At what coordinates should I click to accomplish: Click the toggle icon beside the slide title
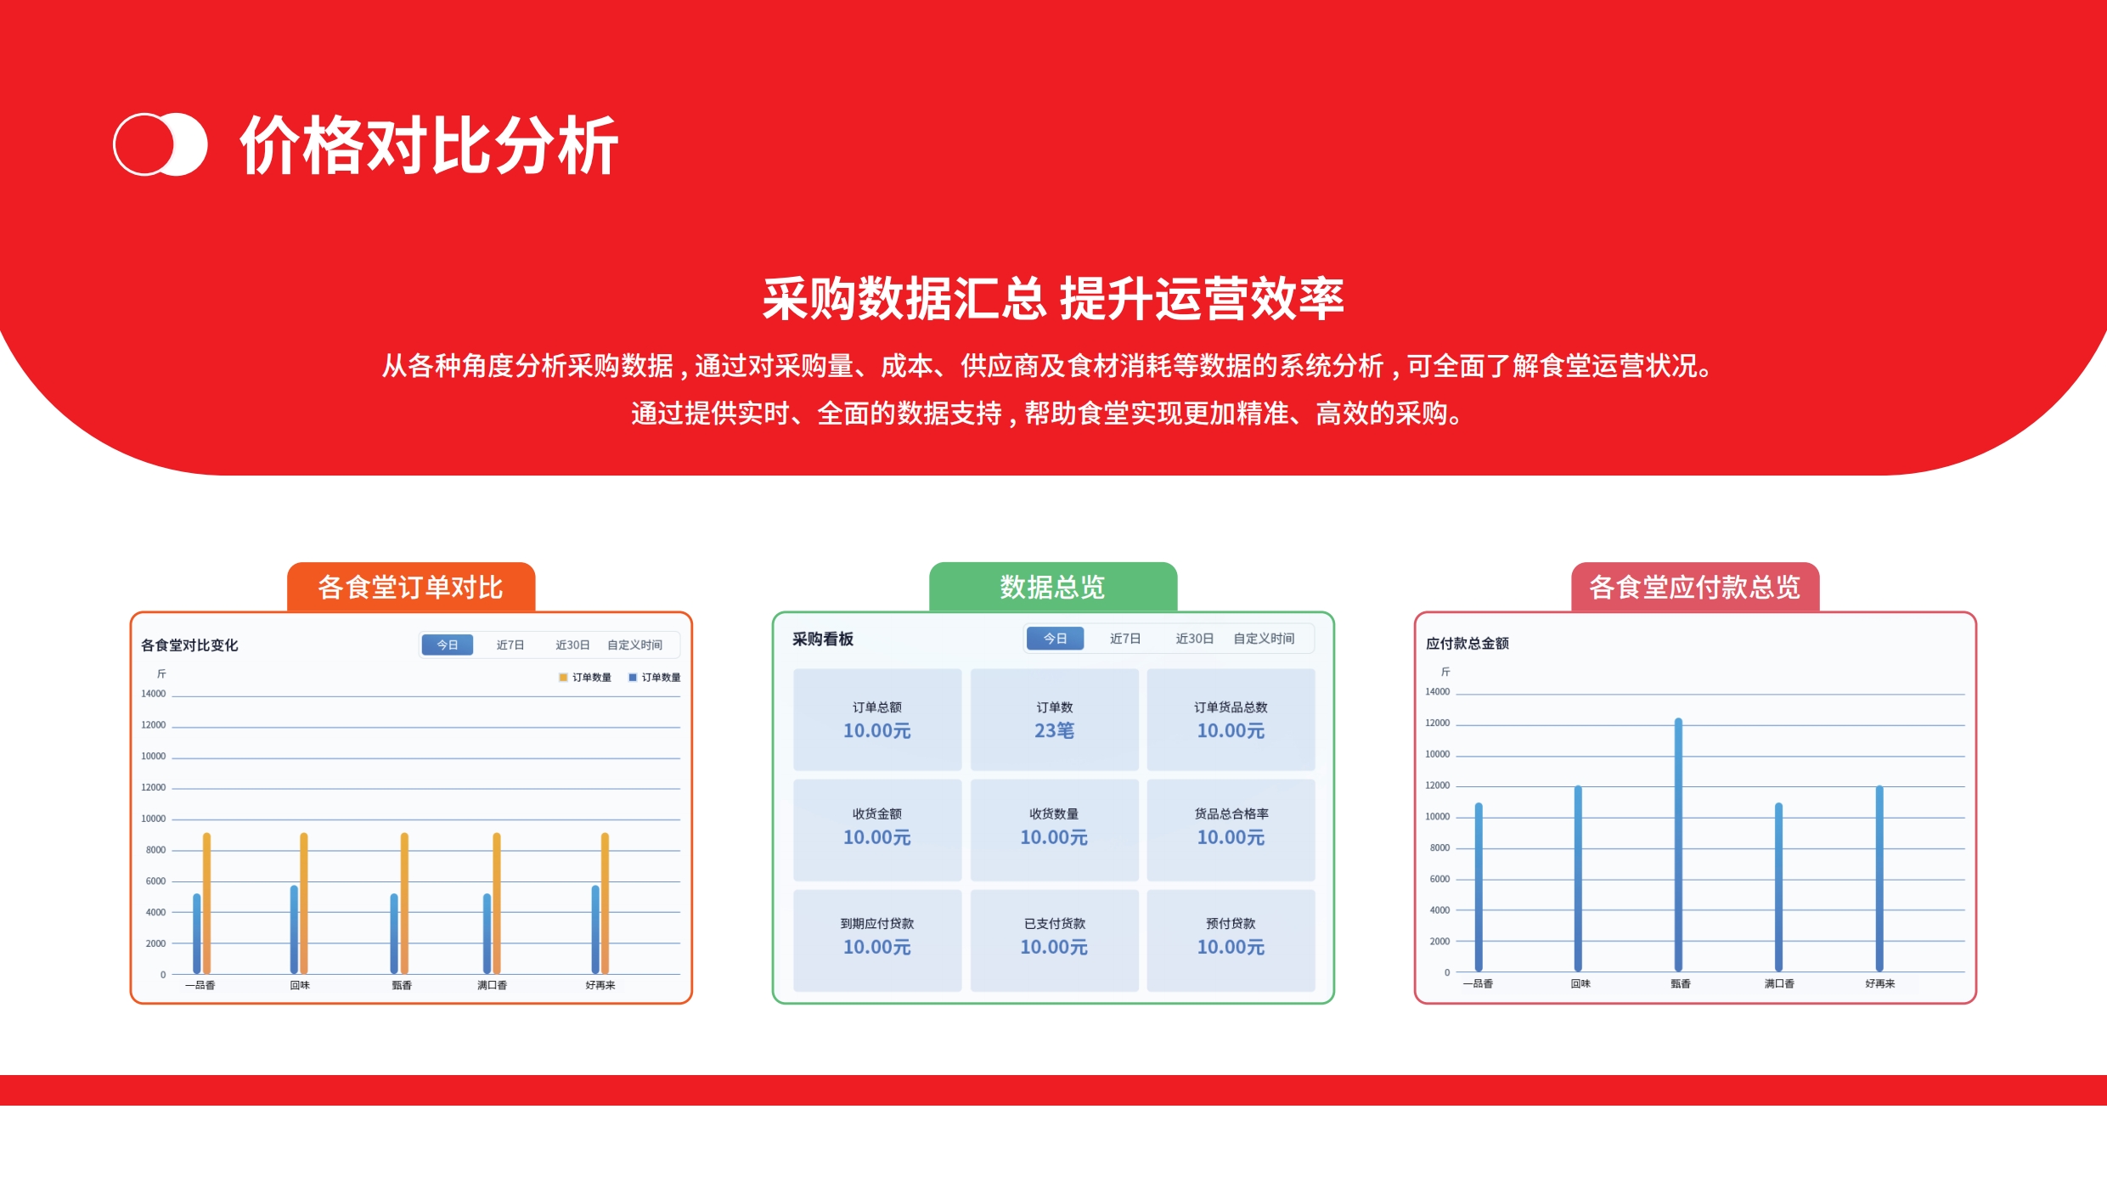(161, 144)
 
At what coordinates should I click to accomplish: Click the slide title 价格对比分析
(429, 145)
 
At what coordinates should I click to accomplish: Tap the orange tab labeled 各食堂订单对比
(411, 587)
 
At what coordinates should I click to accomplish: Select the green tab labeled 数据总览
(1053, 587)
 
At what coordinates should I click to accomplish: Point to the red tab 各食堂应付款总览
(1695, 587)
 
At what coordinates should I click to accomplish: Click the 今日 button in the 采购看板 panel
(1055, 639)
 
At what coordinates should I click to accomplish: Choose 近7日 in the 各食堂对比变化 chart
(510, 645)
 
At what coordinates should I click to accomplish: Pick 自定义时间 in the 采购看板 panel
(1264, 639)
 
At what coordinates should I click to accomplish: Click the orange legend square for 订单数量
(563, 678)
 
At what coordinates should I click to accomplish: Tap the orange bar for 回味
(304, 904)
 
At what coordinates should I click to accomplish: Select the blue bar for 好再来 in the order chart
(595, 930)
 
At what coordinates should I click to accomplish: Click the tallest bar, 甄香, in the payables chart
(1678, 845)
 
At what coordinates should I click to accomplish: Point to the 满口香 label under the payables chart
(1779, 983)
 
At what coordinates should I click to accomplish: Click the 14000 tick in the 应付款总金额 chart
(1438, 692)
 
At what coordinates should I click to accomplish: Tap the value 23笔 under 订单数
(1054, 730)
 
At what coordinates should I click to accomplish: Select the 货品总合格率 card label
(1231, 814)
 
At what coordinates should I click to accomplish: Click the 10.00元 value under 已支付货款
(1054, 947)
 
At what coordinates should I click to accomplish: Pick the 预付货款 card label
(1231, 923)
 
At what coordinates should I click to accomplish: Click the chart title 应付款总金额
(1468, 644)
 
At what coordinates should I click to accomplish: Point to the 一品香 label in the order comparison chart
(200, 985)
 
